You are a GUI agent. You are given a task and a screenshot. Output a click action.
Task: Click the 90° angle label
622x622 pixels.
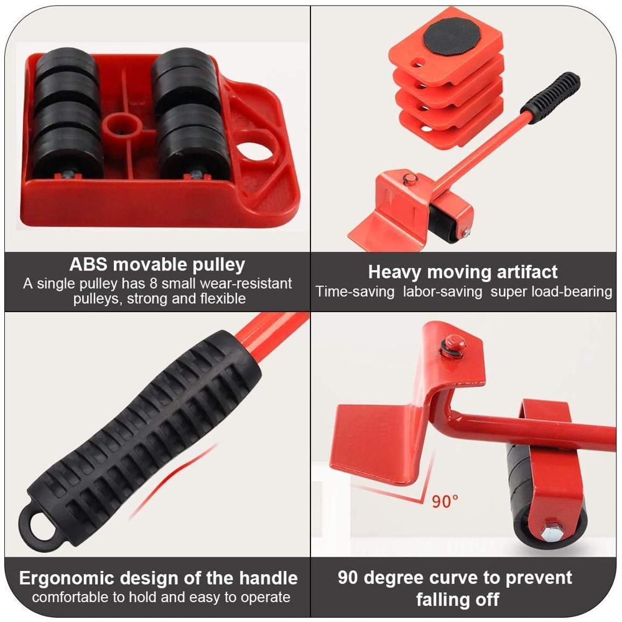click(x=445, y=500)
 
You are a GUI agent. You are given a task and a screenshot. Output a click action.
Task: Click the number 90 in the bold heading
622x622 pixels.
click(x=349, y=577)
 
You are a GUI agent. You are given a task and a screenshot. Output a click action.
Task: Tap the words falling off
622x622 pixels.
click(x=457, y=600)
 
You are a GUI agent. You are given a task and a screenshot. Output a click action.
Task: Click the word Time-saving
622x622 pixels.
click(x=355, y=291)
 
